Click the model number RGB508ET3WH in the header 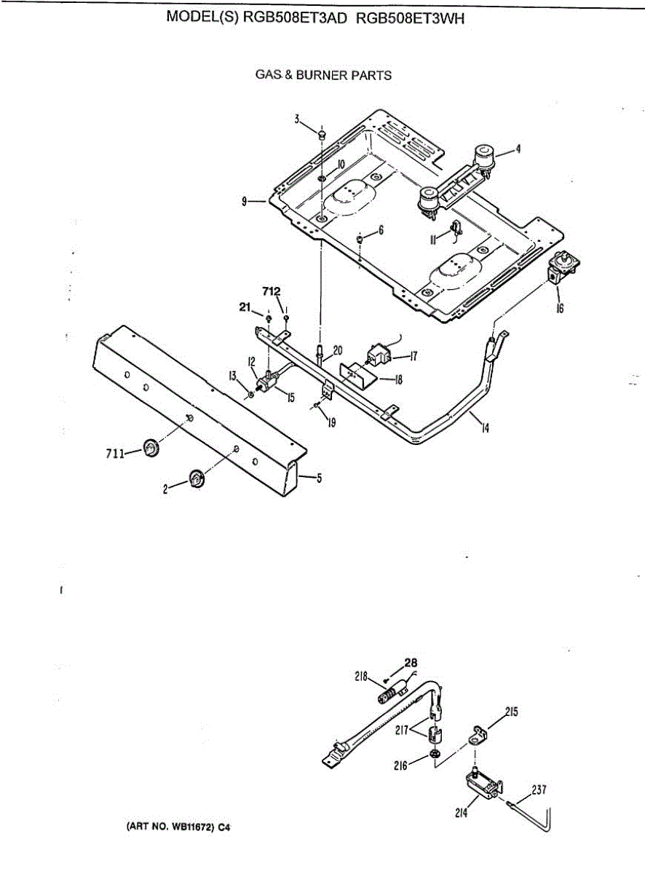(411, 18)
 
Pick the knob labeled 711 (151, 449)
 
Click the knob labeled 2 (197, 479)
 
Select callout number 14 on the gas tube (484, 428)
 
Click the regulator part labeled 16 (561, 268)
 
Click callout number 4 (518, 149)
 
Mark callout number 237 (539, 788)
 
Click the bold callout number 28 (412, 663)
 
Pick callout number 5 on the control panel (319, 478)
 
